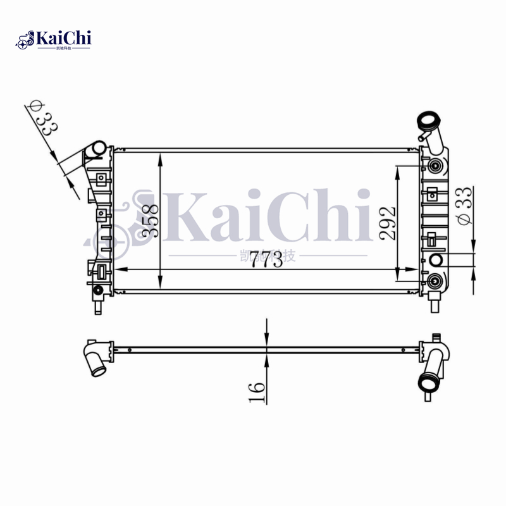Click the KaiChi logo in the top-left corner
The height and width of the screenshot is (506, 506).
[x=54, y=39]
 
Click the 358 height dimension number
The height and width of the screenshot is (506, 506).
[x=150, y=221]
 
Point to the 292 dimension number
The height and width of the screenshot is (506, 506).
[x=387, y=222]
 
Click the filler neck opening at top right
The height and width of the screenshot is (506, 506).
[x=428, y=120]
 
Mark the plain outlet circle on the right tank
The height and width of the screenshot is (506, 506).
[x=436, y=260]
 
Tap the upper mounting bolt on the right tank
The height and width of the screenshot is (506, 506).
[x=435, y=166]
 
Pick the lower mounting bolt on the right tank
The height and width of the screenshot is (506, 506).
[x=435, y=281]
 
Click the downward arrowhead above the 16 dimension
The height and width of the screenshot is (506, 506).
[x=267, y=341]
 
